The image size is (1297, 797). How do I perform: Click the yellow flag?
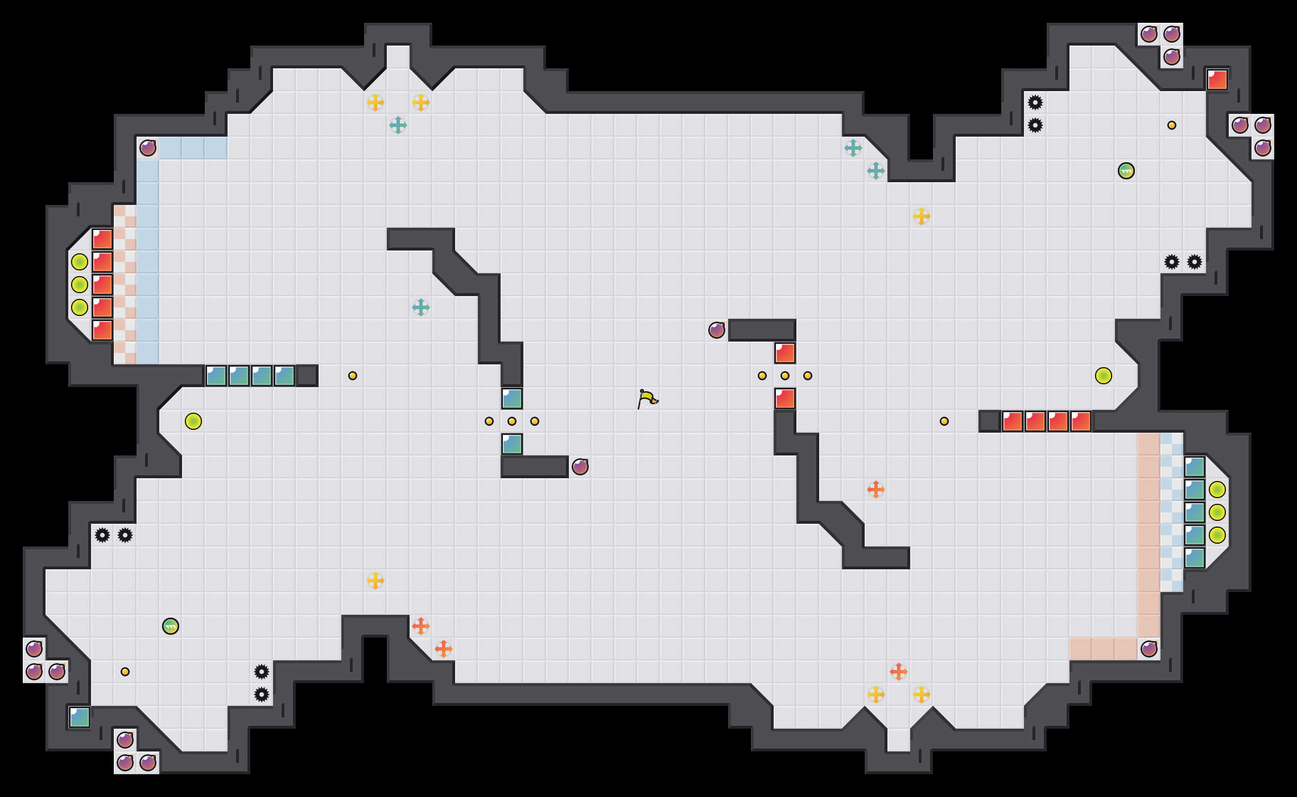pos(647,398)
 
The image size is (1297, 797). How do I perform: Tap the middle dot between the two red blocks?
pos(785,376)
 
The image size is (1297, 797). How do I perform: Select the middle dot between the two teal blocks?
pos(512,421)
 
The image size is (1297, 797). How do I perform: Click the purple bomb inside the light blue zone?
pos(148,148)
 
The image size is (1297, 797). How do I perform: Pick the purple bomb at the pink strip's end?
pos(1149,649)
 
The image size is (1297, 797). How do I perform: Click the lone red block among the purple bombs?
pos(1217,80)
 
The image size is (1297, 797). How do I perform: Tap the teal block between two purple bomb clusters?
pos(80,717)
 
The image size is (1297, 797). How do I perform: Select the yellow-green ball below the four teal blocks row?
pos(193,421)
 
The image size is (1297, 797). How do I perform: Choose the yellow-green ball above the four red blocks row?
pos(1104,376)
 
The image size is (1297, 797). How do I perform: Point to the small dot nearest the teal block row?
pos(353,376)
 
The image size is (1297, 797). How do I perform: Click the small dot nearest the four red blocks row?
pos(944,421)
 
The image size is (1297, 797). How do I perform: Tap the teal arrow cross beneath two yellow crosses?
pos(398,125)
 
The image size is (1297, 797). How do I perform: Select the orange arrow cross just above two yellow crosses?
pos(899,672)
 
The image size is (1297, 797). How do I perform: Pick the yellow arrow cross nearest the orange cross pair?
pos(375,581)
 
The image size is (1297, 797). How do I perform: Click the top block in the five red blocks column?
pos(102,239)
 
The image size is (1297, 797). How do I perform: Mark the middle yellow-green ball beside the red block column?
pos(80,285)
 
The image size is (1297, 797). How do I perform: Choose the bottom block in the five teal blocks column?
pos(1195,558)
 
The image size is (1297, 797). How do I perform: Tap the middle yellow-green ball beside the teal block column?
pos(1217,512)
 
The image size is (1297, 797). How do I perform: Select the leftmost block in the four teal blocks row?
pos(216,376)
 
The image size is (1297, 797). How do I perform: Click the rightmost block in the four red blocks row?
pos(1081,421)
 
